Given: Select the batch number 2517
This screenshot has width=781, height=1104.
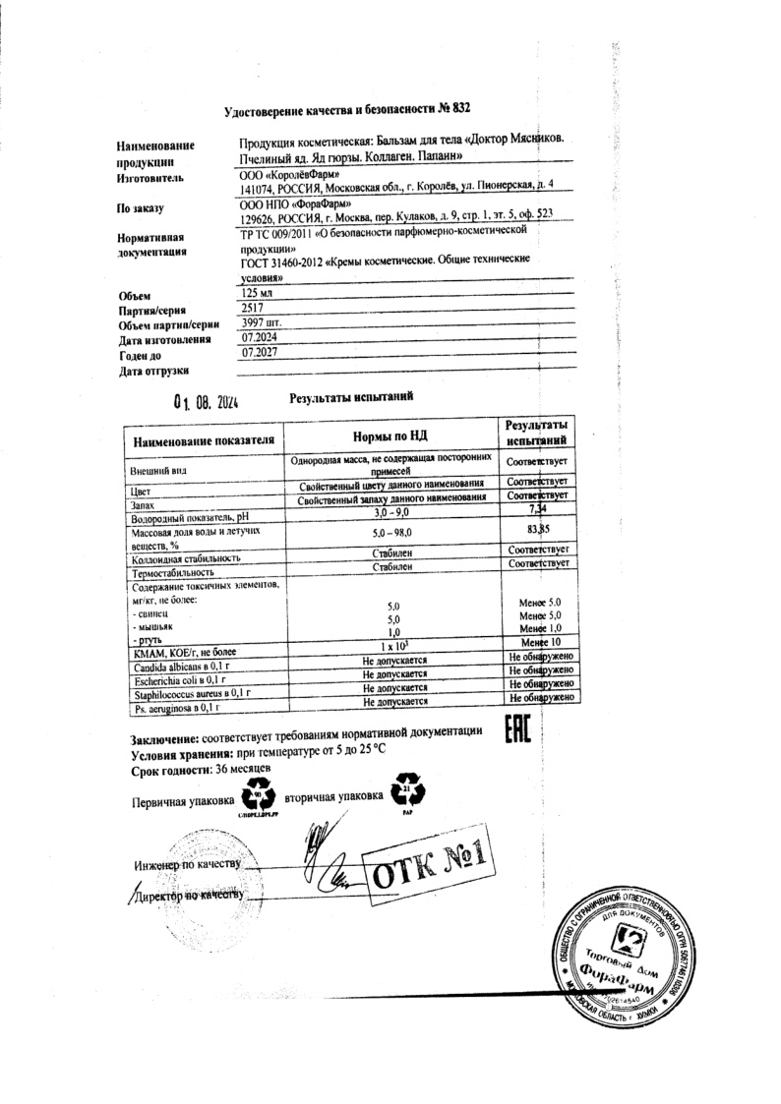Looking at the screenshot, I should point(253,308).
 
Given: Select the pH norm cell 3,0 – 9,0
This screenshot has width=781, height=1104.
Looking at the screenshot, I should point(392,512).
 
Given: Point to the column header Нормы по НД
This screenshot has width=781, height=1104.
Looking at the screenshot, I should point(391,436).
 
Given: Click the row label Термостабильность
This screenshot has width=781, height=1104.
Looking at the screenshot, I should point(172,571).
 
